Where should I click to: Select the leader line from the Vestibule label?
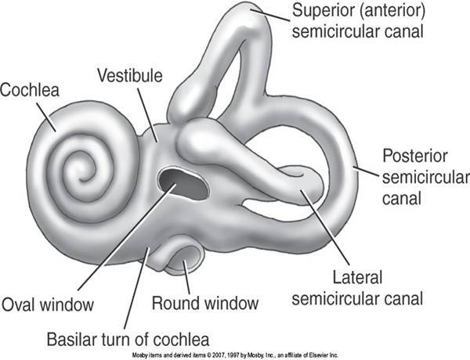point(146,113)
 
